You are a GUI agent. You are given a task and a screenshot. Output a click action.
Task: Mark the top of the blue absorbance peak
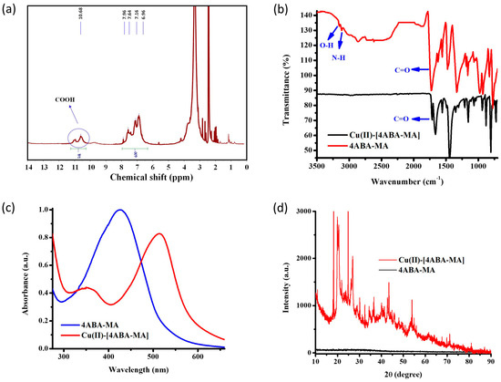pos(119,211)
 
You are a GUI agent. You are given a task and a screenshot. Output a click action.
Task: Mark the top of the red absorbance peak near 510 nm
pos(185,234)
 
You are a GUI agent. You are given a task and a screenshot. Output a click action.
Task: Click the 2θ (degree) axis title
pos(406,372)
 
